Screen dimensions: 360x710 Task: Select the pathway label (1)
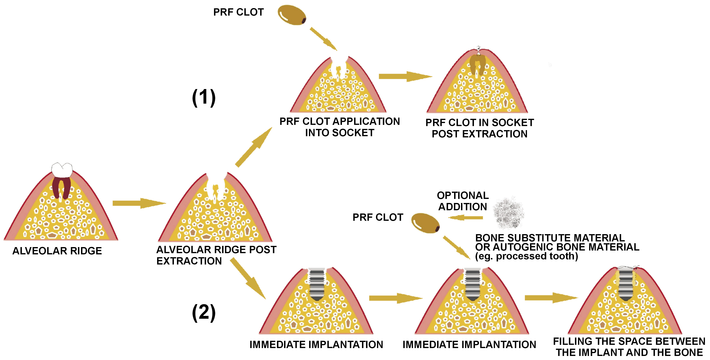(204, 98)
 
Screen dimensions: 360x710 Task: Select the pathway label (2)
(204, 313)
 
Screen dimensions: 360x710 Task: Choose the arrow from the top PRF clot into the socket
(323, 39)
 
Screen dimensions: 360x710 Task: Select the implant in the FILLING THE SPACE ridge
(626, 285)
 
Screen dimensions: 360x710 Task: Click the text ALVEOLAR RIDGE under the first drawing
(57, 251)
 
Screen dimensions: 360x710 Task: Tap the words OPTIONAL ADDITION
(463, 201)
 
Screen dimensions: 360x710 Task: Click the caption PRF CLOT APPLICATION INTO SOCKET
(340, 127)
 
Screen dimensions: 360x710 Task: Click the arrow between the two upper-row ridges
(405, 76)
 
